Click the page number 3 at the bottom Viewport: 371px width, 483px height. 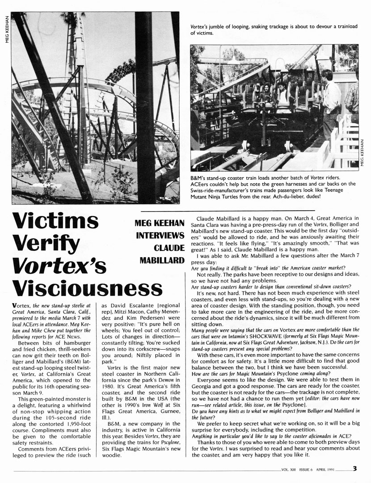click(354, 469)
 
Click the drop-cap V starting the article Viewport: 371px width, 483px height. click(15, 305)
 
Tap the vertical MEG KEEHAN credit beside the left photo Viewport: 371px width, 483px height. click(5, 26)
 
